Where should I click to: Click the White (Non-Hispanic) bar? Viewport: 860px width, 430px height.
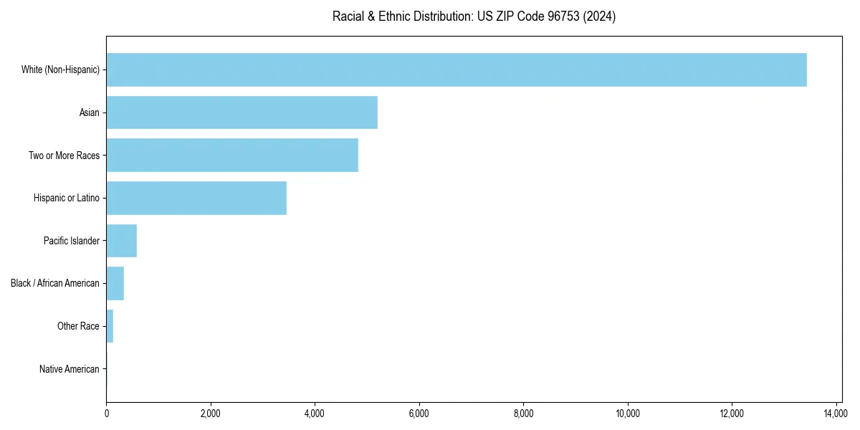[x=457, y=70]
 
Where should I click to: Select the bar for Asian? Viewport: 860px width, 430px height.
[x=242, y=113]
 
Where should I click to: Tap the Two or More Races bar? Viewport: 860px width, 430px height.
[x=232, y=155]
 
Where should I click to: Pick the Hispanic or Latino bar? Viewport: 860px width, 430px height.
[x=196, y=198]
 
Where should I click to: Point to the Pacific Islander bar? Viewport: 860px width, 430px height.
[x=122, y=241]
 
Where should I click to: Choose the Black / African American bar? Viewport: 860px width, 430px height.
[x=115, y=283]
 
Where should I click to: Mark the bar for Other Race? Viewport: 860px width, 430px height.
[x=110, y=326]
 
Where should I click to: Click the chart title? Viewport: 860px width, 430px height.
[x=474, y=16]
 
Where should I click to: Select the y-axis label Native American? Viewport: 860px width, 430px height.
[x=70, y=369]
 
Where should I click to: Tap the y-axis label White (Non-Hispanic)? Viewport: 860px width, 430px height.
[x=60, y=70]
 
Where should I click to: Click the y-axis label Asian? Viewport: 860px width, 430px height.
[x=90, y=113]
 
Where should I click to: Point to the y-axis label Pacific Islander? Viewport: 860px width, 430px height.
[x=72, y=241]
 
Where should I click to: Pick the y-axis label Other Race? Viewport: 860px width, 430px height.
[x=78, y=326]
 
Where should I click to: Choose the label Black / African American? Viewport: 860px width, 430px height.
[x=55, y=283]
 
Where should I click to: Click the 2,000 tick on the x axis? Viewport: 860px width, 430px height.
[x=211, y=414]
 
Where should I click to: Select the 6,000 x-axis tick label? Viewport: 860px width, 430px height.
[x=419, y=414]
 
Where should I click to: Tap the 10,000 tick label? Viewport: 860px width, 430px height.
[x=628, y=414]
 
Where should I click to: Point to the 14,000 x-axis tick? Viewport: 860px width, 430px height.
[x=836, y=414]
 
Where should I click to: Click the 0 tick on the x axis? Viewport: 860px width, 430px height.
[x=107, y=414]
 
